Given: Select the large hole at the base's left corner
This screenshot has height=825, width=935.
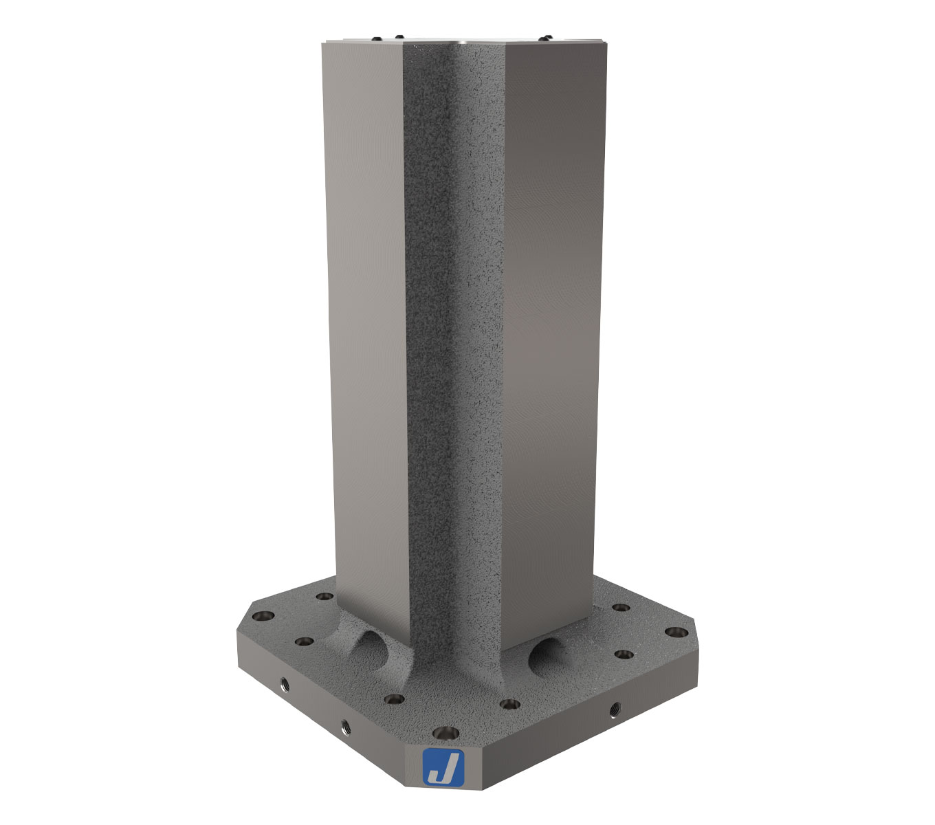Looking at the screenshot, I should coord(263,617).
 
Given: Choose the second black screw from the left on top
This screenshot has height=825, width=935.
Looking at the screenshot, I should coord(397,36).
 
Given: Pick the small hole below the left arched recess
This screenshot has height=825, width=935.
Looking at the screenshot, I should coord(394,699).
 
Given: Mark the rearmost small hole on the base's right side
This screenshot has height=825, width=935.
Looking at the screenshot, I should coord(621,608).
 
